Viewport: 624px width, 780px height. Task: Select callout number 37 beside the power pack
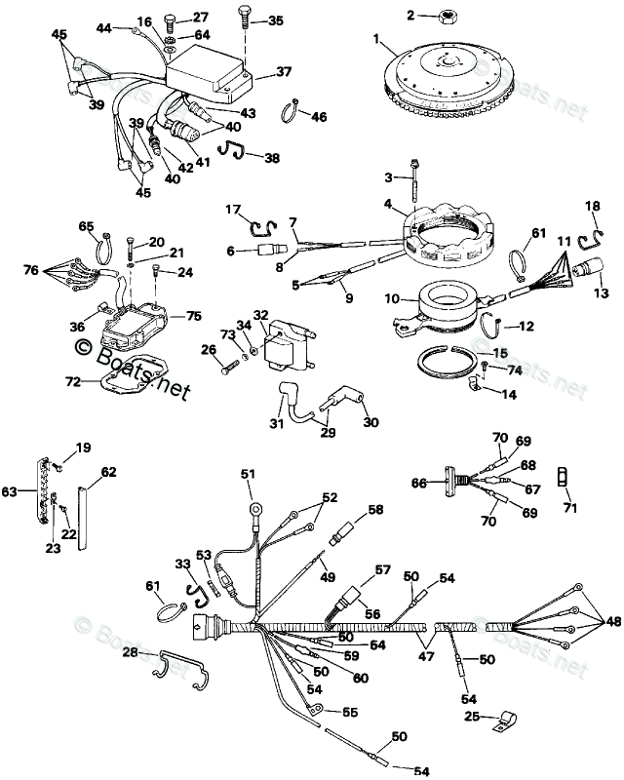[x=284, y=71]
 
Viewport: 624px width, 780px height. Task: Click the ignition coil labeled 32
[x=287, y=347]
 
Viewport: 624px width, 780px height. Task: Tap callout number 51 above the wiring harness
[x=248, y=475]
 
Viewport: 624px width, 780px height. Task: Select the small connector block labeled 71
[x=561, y=478]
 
